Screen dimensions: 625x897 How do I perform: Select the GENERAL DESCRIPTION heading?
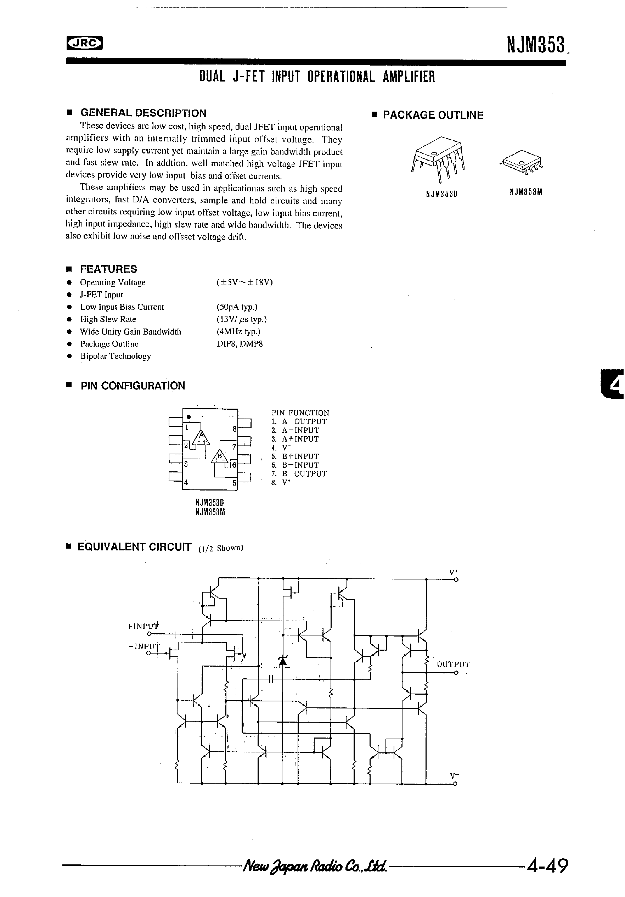click(143, 113)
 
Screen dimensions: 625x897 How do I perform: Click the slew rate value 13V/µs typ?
click(241, 319)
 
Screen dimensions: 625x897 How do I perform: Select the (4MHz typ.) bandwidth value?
click(238, 332)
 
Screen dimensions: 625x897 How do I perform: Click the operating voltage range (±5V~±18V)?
click(244, 282)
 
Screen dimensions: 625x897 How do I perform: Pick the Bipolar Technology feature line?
click(115, 356)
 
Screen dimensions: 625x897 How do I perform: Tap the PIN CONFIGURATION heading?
click(133, 386)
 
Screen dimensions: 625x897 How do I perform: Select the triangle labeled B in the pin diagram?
click(220, 456)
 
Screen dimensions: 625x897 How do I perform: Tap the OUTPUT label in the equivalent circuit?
click(453, 664)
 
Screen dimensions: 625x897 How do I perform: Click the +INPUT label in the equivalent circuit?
click(143, 626)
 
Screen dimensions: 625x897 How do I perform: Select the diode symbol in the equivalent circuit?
click(283, 660)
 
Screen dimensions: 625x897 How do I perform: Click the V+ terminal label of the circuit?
click(454, 572)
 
